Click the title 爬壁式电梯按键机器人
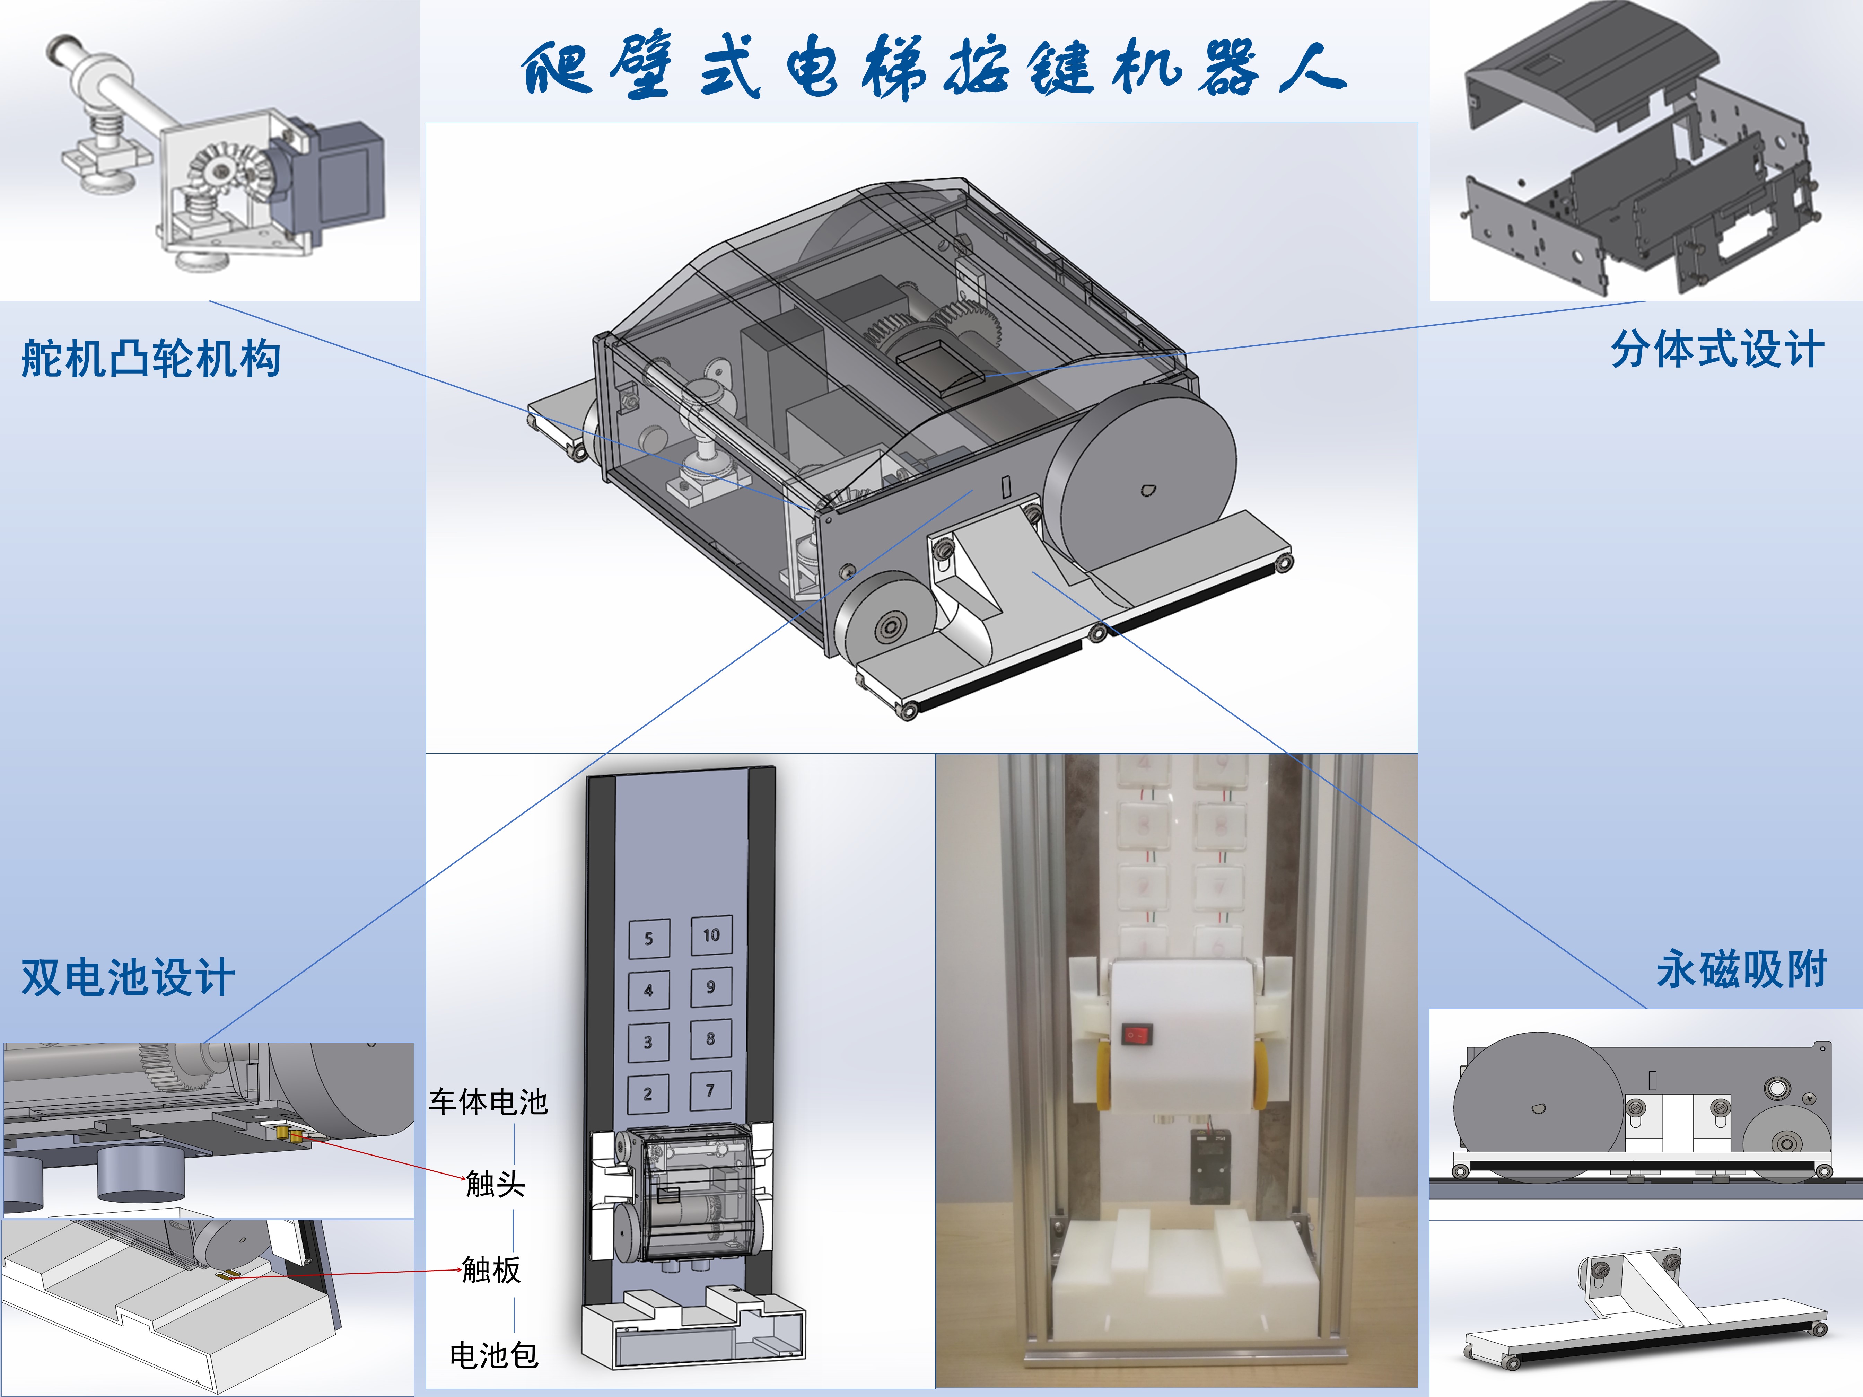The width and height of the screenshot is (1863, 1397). [x=933, y=67]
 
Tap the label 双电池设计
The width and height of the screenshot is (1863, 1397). [x=128, y=978]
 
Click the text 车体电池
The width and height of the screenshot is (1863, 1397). [x=489, y=1101]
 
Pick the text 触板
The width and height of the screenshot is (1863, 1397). [x=492, y=1269]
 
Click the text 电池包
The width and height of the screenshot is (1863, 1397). [x=493, y=1355]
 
